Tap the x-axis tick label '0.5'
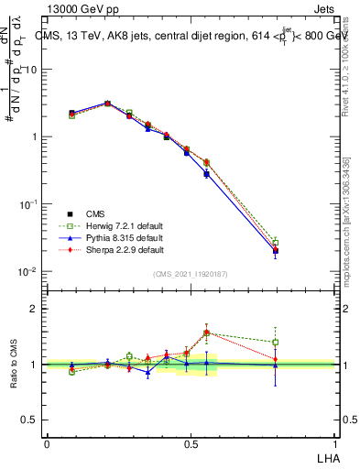[x=191, y=443]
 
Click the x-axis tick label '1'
[x=335, y=443]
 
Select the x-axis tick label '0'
[x=47, y=443]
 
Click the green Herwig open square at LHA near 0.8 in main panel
[x=275, y=242]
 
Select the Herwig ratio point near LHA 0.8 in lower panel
[x=275, y=343]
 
